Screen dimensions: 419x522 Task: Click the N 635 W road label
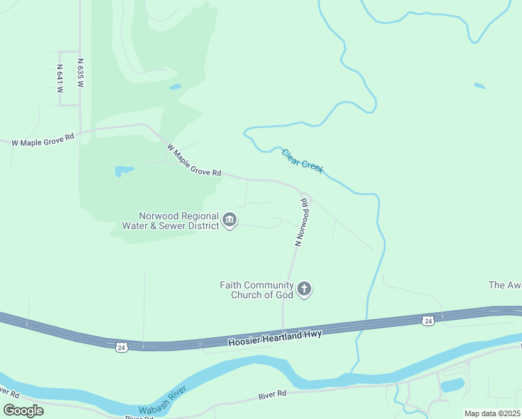81,73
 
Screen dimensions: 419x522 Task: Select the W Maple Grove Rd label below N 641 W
43,140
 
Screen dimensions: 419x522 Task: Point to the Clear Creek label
302,161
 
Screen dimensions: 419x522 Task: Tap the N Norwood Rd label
301,223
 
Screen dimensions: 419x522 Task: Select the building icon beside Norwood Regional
229,221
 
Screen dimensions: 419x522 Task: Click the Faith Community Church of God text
256,289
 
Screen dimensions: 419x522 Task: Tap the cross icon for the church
304,288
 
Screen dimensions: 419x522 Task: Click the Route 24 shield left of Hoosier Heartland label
121,346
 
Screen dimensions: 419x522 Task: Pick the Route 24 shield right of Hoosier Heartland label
427,321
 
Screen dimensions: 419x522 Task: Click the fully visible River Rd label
272,394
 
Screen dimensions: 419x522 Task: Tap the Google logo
23,410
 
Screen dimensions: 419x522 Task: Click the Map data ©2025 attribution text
493,413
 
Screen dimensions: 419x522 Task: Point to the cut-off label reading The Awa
505,285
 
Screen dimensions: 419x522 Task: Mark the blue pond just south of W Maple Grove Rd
124,170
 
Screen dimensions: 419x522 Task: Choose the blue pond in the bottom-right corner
453,385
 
